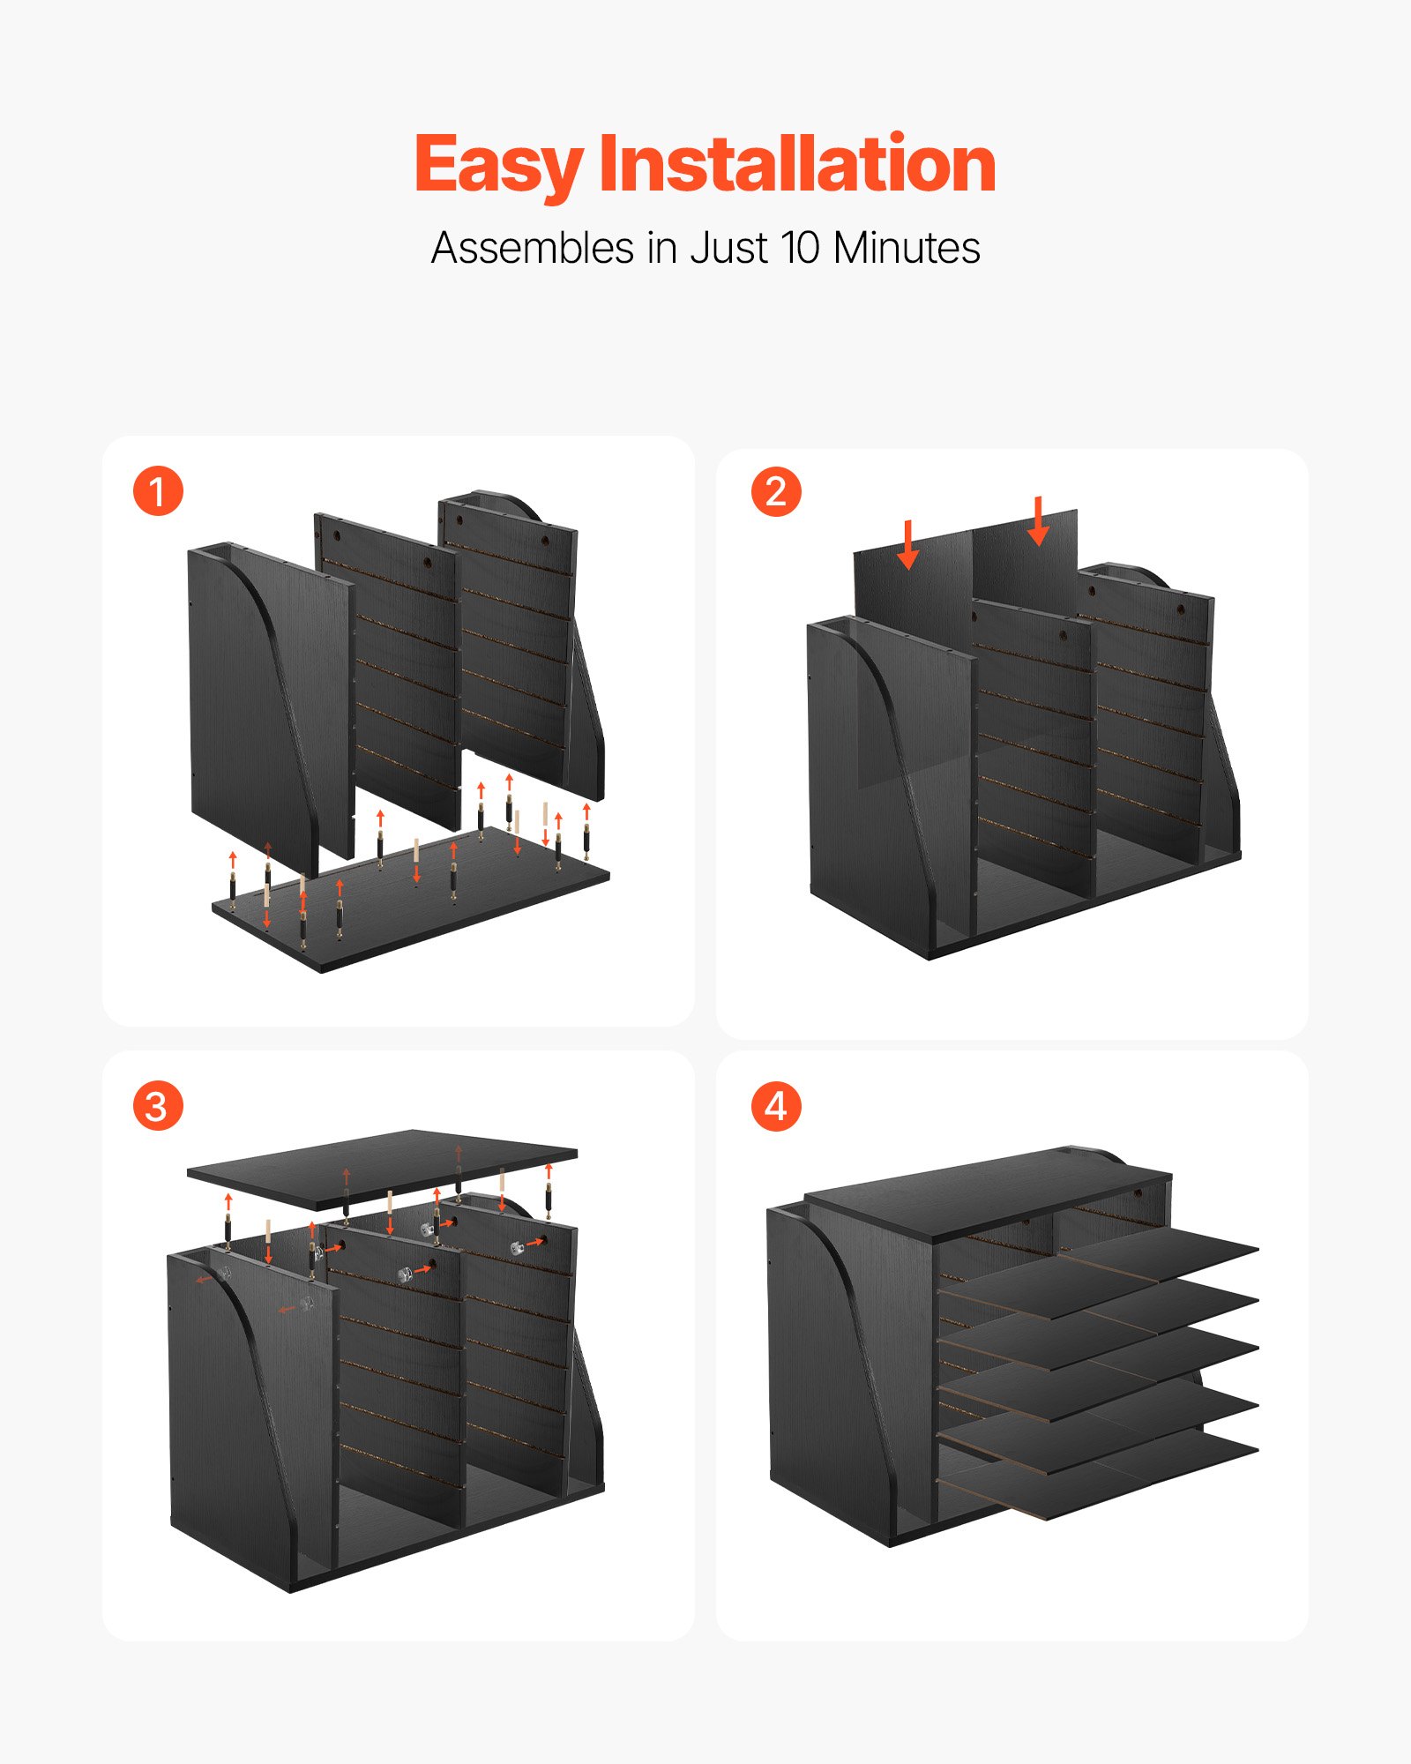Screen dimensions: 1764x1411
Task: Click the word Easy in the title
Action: (x=498, y=166)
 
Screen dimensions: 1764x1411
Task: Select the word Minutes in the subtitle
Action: (x=907, y=248)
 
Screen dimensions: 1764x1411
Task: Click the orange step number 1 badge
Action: (x=158, y=491)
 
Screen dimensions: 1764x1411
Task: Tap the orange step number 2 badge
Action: (x=776, y=491)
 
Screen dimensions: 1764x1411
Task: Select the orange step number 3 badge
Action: (x=158, y=1106)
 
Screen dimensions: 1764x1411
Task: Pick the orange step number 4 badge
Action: (x=776, y=1106)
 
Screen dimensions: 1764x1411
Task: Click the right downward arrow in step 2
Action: (x=1039, y=521)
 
